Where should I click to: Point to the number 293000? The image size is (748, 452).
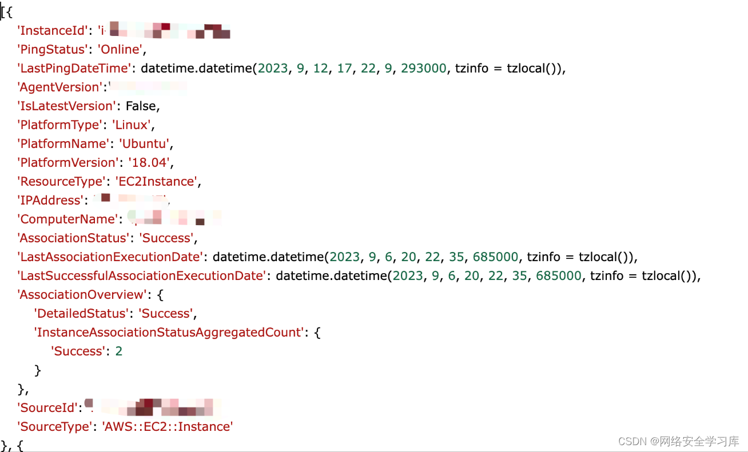point(423,69)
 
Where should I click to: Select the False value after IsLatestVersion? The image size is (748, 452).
point(141,106)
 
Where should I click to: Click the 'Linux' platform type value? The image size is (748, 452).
point(133,125)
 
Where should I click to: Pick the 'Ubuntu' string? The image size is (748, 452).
point(145,143)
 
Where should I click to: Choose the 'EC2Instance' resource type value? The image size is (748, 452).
point(158,182)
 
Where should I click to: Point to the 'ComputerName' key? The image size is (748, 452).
point(67,219)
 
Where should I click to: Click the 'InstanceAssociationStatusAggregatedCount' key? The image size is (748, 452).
point(169,333)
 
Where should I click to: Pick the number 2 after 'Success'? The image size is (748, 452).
point(119,351)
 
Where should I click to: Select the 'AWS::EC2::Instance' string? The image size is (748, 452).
point(167,427)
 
